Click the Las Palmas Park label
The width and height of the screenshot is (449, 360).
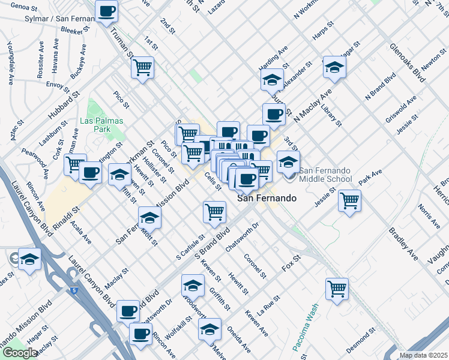101,125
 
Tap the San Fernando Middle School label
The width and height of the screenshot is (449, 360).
325,175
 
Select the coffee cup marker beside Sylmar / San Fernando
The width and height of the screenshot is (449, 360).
107,11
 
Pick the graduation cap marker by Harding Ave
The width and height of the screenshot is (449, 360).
272,80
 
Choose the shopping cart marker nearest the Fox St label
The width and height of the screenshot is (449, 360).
337,289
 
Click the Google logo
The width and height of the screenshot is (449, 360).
19,353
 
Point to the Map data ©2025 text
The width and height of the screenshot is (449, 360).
423,355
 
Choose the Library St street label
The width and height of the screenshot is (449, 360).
331,115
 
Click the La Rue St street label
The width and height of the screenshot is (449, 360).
268,305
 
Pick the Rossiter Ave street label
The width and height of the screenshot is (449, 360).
40,57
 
